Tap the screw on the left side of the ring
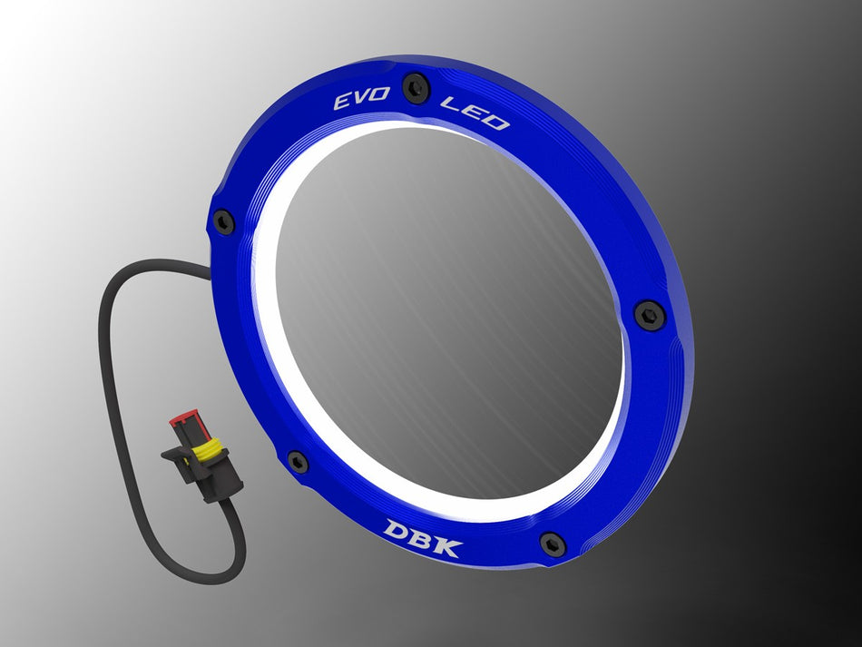pos(223,221)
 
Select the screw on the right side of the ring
pos(650,314)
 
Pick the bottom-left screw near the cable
pos(298,462)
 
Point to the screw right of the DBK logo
pos(553,544)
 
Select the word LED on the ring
pos(474,113)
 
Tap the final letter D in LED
pos(495,121)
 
